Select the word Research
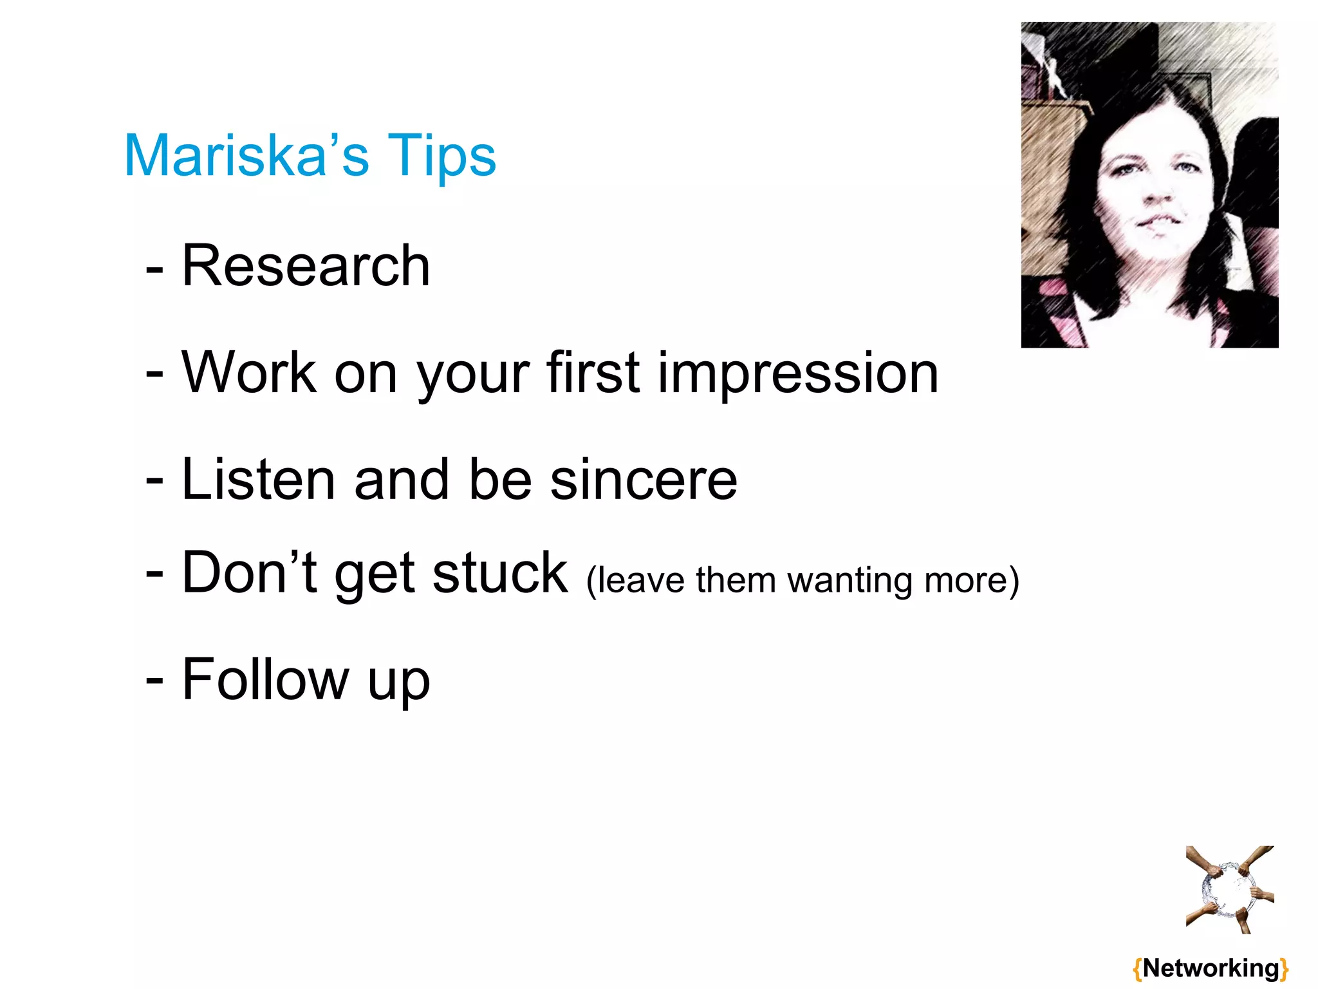(x=306, y=266)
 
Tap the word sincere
(x=644, y=480)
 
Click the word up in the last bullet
(x=398, y=684)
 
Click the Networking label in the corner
(x=1211, y=968)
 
